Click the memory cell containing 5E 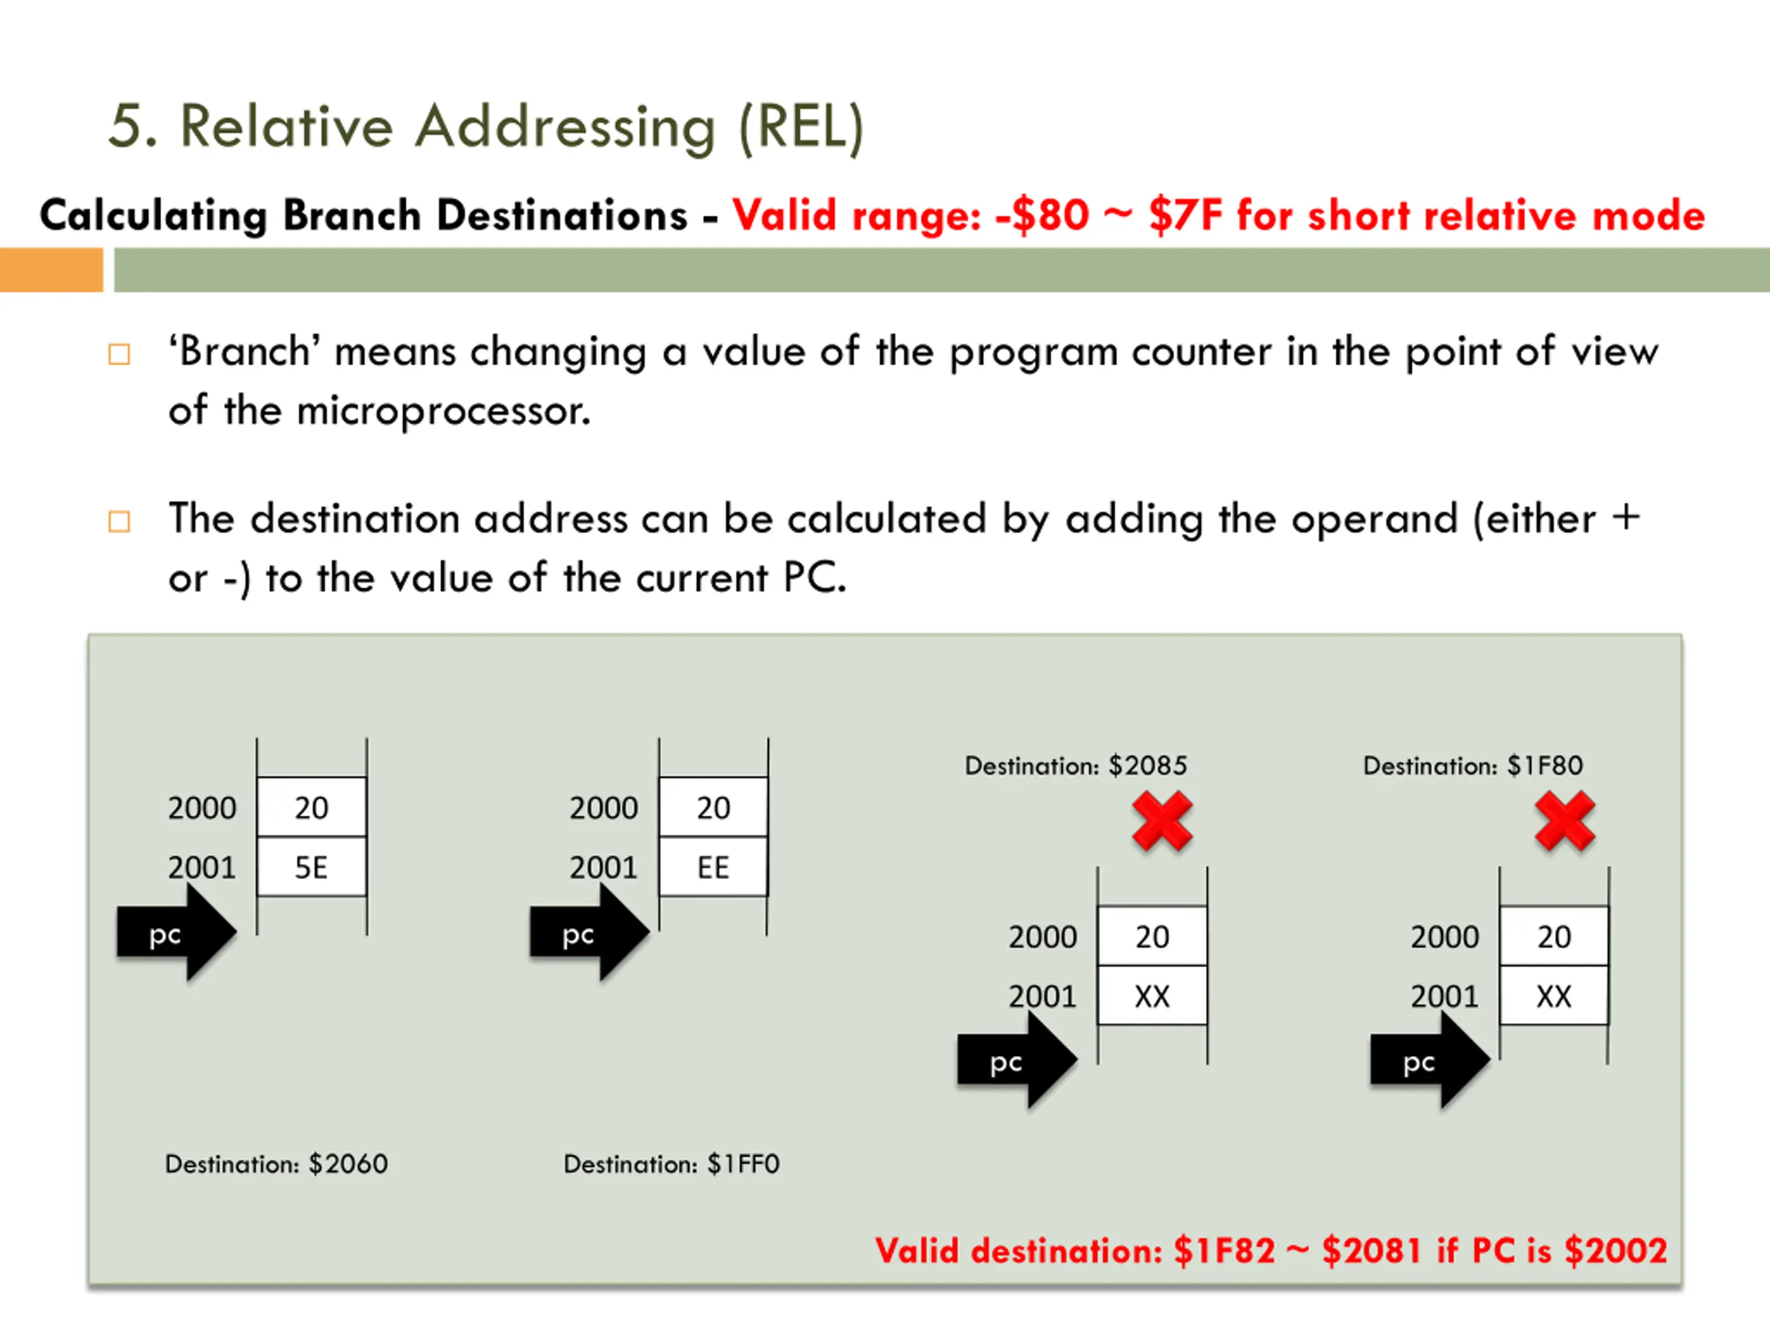coord(311,867)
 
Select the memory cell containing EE coord(713,867)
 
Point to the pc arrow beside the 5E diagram coord(176,933)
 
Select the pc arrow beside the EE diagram coord(589,933)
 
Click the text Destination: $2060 coord(276,1164)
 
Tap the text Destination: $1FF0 coord(671,1164)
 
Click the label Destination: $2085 coord(1075,766)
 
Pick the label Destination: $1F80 coord(1472,766)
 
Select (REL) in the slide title coord(801,128)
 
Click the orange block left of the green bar coord(51,270)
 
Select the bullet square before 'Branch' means coord(119,354)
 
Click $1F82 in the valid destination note coord(1224,1251)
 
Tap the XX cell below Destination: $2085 coord(1153,996)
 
